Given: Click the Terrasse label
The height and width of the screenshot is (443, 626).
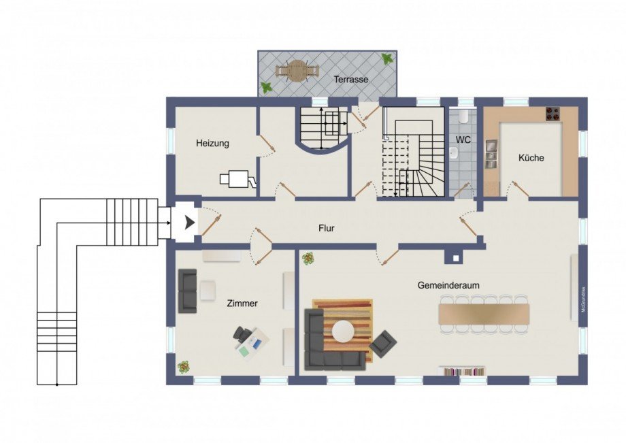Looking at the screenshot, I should (350, 80).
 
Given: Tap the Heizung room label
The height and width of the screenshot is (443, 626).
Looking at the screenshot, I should (212, 144).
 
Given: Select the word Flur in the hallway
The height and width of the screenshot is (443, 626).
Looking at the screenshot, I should (327, 228).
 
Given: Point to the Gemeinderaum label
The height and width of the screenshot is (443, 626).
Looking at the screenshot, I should (448, 286).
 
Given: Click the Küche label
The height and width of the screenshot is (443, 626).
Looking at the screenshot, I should (531, 158).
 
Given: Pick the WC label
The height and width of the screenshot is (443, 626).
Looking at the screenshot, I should (463, 140).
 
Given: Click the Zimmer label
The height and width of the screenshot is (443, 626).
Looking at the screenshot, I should (242, 303).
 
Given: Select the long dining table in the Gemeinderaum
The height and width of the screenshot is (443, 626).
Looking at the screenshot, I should (484, 314).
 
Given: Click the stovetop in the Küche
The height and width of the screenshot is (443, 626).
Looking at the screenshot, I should (553, 114).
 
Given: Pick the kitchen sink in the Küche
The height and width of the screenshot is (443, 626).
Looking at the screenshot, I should (491, 154).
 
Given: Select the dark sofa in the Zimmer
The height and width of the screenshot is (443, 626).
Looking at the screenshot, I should (187, 291).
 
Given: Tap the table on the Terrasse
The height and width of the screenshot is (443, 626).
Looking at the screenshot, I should (297, 70).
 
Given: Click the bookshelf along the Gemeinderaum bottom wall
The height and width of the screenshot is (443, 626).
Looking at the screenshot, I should (463, 371).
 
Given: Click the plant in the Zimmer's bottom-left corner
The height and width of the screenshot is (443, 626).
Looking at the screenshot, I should (184, 367).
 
